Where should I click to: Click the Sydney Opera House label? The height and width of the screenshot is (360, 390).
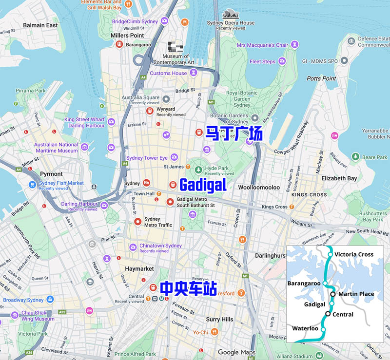tap(231, 23)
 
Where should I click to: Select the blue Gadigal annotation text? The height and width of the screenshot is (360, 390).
tap(203, 185)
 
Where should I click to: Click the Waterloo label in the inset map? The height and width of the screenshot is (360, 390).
tap(305, 328)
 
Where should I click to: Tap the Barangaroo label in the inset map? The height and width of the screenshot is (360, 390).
tap(304, 283)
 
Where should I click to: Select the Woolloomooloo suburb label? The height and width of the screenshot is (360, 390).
tap(258, 187)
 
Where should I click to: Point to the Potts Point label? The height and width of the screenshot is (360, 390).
tap(321, 78)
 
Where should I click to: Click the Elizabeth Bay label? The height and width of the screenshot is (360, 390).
tap(339, 178)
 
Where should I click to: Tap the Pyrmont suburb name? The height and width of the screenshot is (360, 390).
tap(51, 174)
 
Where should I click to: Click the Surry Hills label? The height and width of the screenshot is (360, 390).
tap(219, 319)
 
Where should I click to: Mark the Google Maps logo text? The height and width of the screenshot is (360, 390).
tap(236, 352)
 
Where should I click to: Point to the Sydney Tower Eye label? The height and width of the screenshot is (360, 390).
tap(147, 158)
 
